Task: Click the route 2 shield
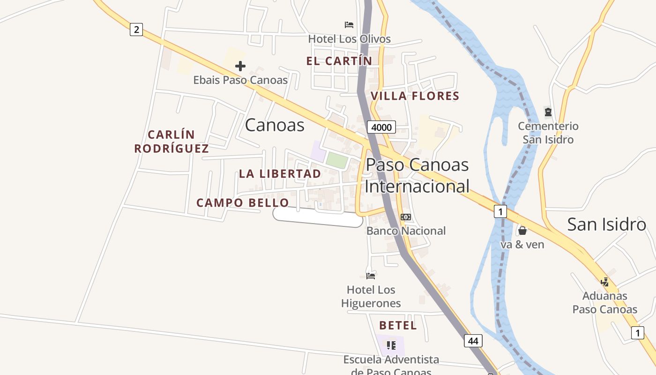pyautogui.click(x=136, y=30)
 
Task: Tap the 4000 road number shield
pyautogui.click(x=381, y=127)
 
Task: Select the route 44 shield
pyautogui.click(x=473, y=341)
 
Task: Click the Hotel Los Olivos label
pyautogui.click(x=349, y=39)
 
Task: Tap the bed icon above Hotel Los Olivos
pyautogui.click(x=349, y=25)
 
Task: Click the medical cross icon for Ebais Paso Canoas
pyautogui.click(x=240, y=66)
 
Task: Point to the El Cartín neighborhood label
pyautogui.click(x=339, y=61)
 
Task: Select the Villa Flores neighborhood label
pyautogui.click(x=415, y=97)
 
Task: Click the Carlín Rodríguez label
pyautogui.click(x=171, y=142)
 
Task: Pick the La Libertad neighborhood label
pyautogui.click(x=280, y=174)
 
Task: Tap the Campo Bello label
pyautogui.click(x=243, y=203)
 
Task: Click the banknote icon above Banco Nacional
pyautogui.click(x=406, y=217)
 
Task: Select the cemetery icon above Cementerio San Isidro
pyautogui.click(x=548, y=112)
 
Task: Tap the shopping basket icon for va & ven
pyautogui.click(x=522, y=231)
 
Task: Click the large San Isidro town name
pyautogui.click(x=606, y=225)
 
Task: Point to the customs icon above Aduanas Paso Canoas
pyautogui.click(x=605, y=282)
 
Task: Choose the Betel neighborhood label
pyautogui.click(x=398, y=325)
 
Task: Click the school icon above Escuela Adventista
pyautogui.click(x=391, y=346)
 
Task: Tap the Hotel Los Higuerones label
pyautogui.click(x=371, y=297)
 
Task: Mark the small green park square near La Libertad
pyautogui.click(x=337, y=160)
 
